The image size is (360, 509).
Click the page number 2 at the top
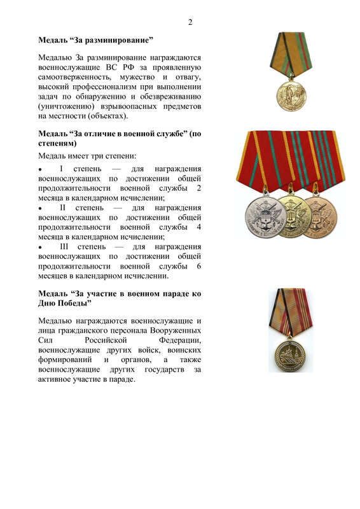tap(190, 24)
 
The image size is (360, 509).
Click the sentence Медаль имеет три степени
tap(88, 156)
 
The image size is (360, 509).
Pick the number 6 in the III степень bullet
tap(199, 267)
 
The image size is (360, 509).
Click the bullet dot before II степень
tap(41, 209)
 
